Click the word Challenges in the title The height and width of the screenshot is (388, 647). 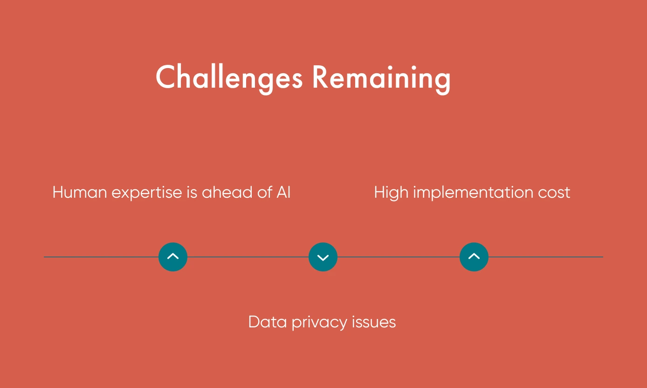[229, 77]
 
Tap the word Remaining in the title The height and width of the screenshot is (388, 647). [381, 77]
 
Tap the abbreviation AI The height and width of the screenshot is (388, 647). [283, 192]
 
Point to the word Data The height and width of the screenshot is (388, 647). [267, 322]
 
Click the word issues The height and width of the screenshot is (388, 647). [375, 322]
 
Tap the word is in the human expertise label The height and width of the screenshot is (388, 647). [192, 192]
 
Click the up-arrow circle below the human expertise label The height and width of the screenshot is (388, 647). [173, 257]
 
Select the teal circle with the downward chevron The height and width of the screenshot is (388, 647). [323, 257]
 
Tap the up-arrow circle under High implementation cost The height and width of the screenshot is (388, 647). [474, 257]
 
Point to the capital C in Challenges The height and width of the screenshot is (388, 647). [165, 77]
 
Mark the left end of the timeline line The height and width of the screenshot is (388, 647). [45, 257]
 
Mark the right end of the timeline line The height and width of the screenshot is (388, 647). [602, 257]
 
